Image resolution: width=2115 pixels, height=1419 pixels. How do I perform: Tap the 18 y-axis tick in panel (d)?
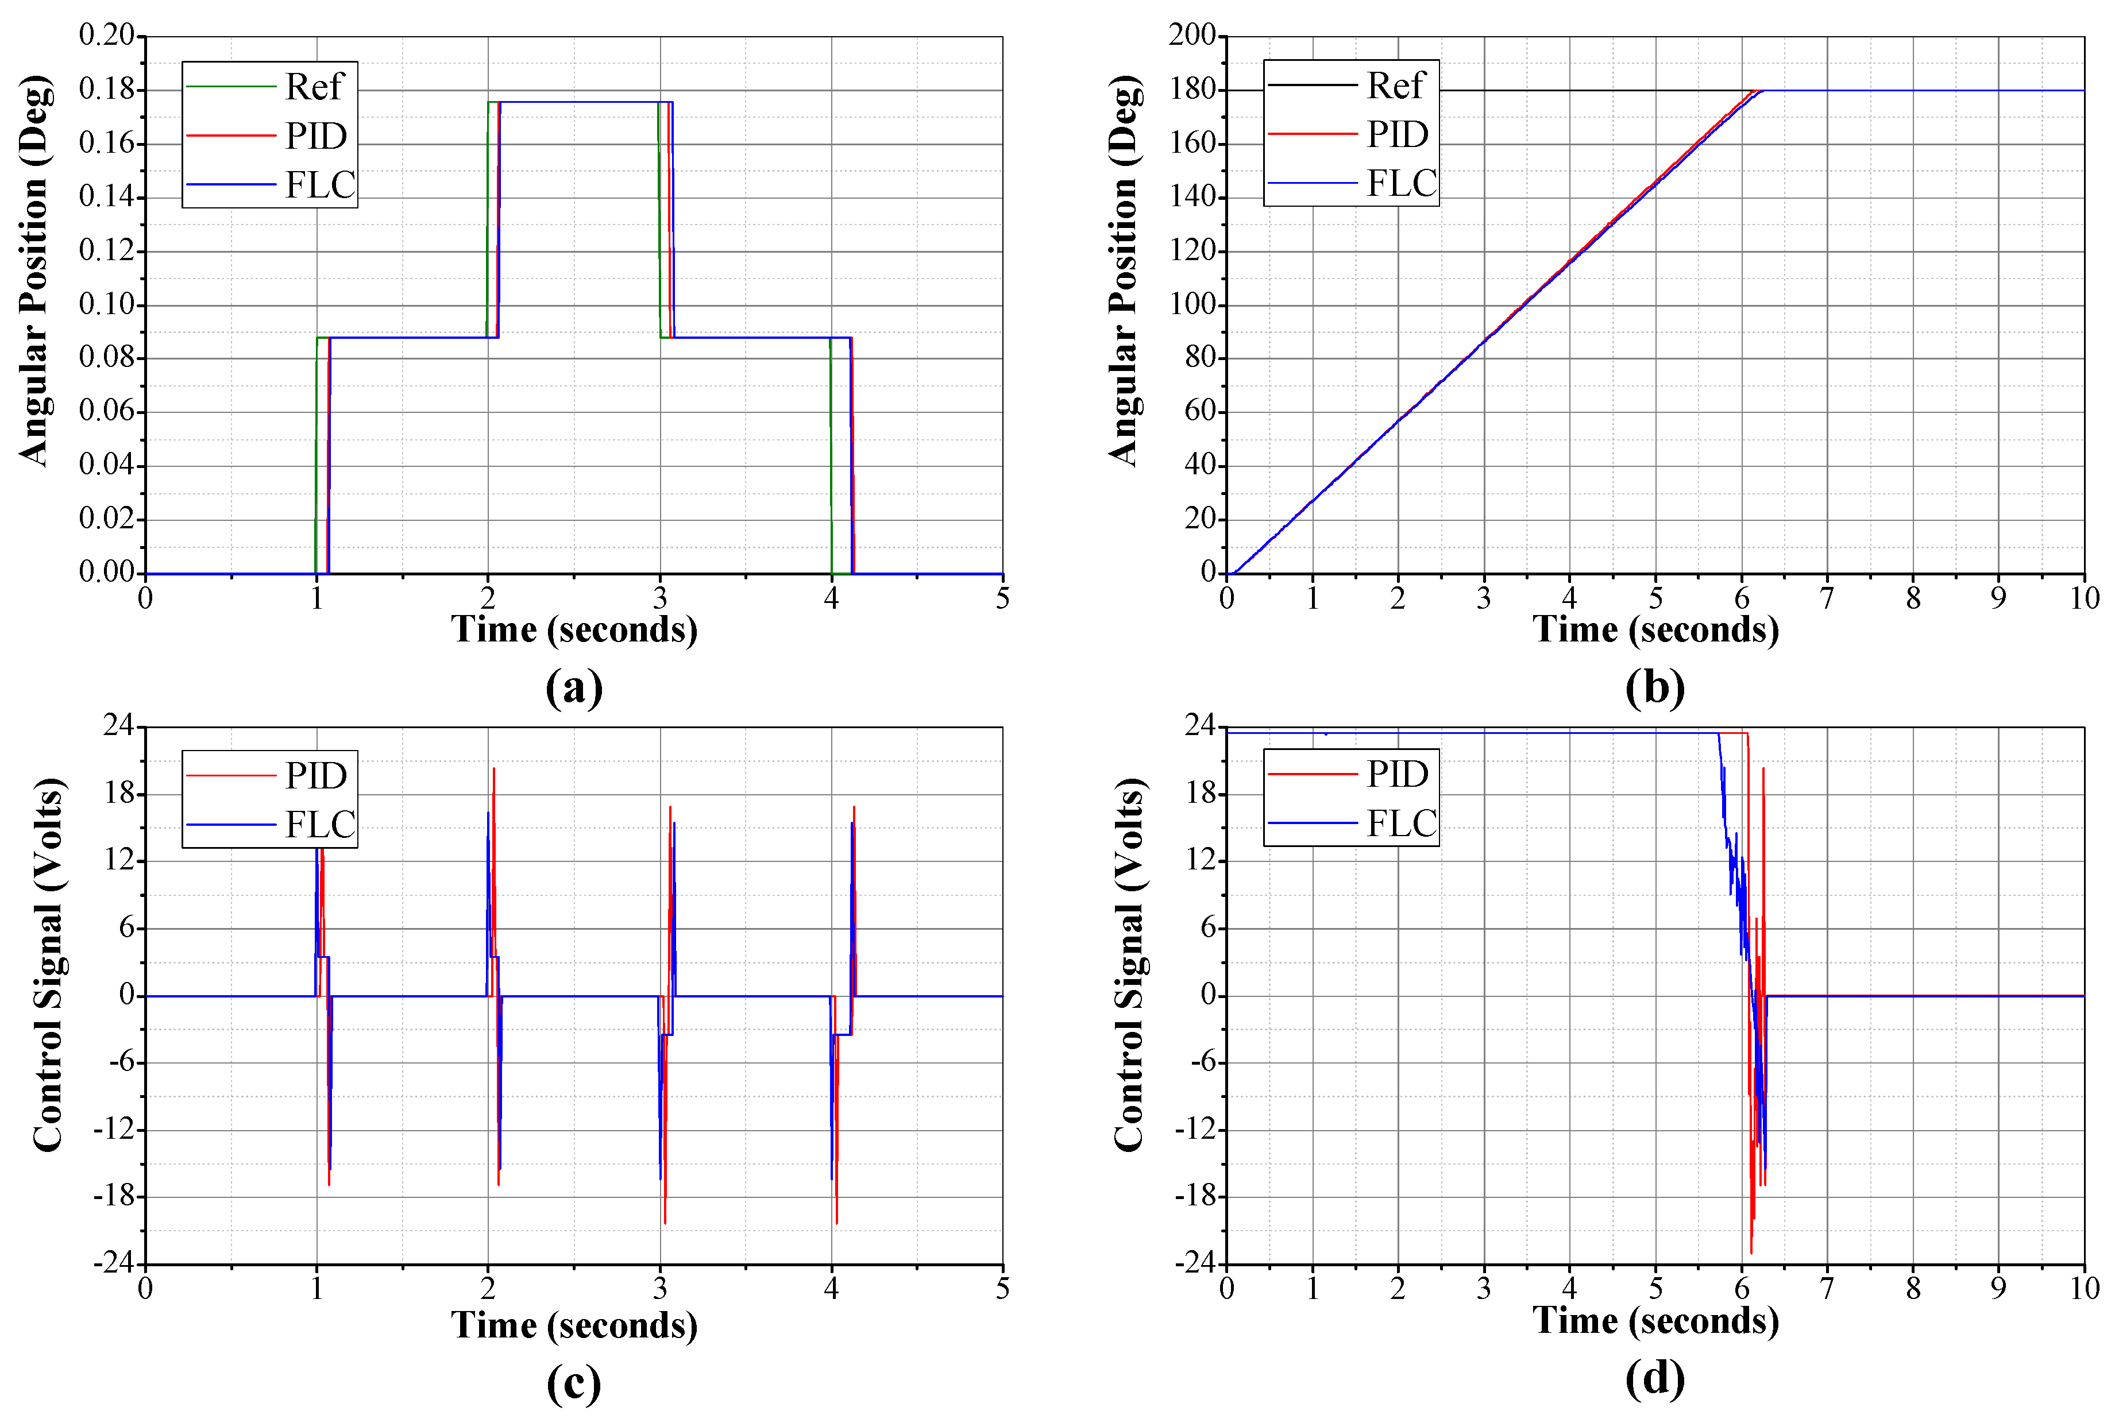[x=1203, y=794]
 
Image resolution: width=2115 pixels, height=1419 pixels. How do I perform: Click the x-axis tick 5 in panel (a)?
[x=1002, y=598]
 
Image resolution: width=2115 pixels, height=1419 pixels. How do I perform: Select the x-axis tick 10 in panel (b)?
[x=2084, y=598]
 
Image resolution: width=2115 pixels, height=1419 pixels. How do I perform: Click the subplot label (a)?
[x=574, y=688]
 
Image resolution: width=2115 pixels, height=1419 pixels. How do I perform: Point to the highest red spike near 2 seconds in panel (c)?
[x=493, y=770]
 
